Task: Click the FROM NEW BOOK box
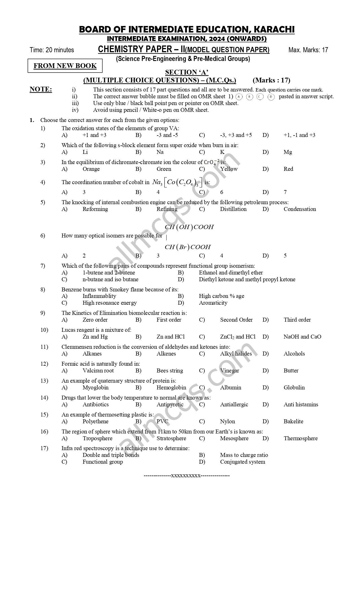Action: [x=65, y=66]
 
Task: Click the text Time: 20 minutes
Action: [x=52, y=50]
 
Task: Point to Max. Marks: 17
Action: [x=308, y=50]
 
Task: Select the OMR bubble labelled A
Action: [x=239, y=97]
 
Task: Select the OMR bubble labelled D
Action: [x=271, y=97]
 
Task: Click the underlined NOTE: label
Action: [x=41, y=90]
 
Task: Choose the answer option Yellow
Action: [x=229, y=169]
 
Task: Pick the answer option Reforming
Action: [x=95, y=209]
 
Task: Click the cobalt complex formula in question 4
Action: [x=177, y=182]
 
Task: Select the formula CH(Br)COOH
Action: [x=187, y=247]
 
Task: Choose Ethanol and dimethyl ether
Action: [x=231, y=272]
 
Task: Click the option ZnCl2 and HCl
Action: [x=238, y=337]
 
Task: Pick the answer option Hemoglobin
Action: [x=171, y=387]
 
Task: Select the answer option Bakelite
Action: [x=293, y=421]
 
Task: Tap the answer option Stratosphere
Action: [x=171, y=438]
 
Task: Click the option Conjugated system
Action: [x=243, y=462]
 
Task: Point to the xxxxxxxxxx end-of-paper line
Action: [x=187, y=476]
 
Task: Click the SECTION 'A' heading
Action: [x=187, y=73]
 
